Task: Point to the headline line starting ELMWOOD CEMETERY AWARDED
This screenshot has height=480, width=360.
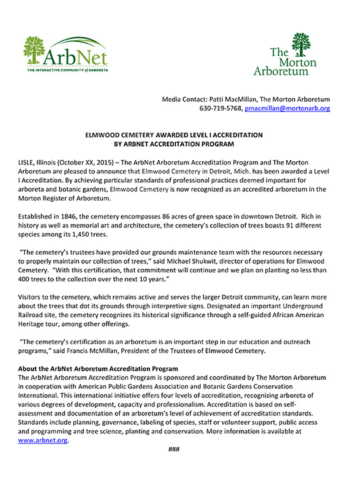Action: coord(179,135)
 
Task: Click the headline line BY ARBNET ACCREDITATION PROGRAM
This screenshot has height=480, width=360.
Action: coord(179,143)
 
